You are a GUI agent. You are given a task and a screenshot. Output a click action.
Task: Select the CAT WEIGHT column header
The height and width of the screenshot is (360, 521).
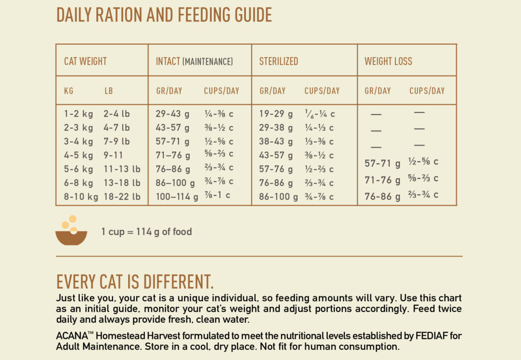pos(85,62)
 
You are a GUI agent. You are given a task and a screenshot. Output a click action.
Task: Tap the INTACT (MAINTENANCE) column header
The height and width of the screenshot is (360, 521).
pos(194,62)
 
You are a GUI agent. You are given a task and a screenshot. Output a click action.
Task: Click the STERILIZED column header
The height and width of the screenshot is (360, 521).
pos(278,62)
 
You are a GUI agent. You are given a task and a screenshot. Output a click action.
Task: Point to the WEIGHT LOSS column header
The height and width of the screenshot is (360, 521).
pos(388,62)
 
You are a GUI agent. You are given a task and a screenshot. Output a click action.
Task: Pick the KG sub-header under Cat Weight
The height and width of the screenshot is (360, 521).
pos(69,91)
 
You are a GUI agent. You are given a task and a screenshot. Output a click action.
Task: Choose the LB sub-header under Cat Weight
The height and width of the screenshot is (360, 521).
pos(109,91)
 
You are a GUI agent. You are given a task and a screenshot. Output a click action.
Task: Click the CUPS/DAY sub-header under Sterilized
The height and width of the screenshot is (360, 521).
pos(322,91)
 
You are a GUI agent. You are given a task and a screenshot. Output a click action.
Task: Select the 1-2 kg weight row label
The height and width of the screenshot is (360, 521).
pos(78,114)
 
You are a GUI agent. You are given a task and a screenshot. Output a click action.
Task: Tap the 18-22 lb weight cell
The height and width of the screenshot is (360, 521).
pos(122,197)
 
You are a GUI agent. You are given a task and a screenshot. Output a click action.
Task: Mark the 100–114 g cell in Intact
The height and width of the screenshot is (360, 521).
pos(177,197)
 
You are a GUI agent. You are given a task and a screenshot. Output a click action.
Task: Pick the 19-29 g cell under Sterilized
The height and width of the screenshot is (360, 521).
pos(276,114)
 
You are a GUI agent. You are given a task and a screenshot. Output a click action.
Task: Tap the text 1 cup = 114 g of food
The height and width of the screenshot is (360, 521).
pos(147,232)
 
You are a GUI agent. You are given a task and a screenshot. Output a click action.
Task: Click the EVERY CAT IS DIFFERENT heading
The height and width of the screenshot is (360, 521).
pos(135,282)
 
